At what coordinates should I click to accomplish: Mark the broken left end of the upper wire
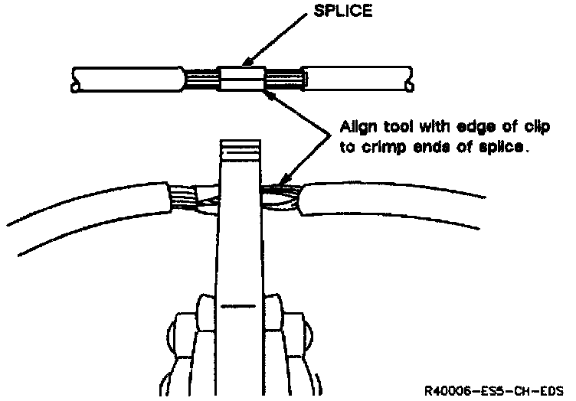pyautogui.click(x=74, y=80)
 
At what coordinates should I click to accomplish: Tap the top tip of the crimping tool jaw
pyautogui.click(x=240, y=145)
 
